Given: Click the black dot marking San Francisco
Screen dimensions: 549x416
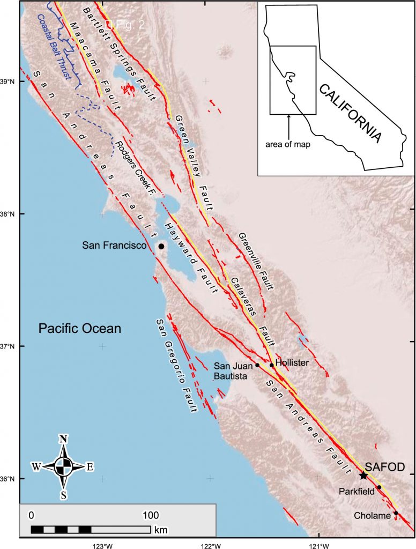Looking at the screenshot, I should tap(161, 246).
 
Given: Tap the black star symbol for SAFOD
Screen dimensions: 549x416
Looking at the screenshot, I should tap(363, 476).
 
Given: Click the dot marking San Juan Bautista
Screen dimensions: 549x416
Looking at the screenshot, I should tap(257, 365).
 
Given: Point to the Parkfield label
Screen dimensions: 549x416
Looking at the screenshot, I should tap(355, 491).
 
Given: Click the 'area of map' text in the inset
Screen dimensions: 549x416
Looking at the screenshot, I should tap(289, 144).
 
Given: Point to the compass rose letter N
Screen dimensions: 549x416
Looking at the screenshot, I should tap(63, 439).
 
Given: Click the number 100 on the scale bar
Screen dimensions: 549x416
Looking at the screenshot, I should tap(150, 516).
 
